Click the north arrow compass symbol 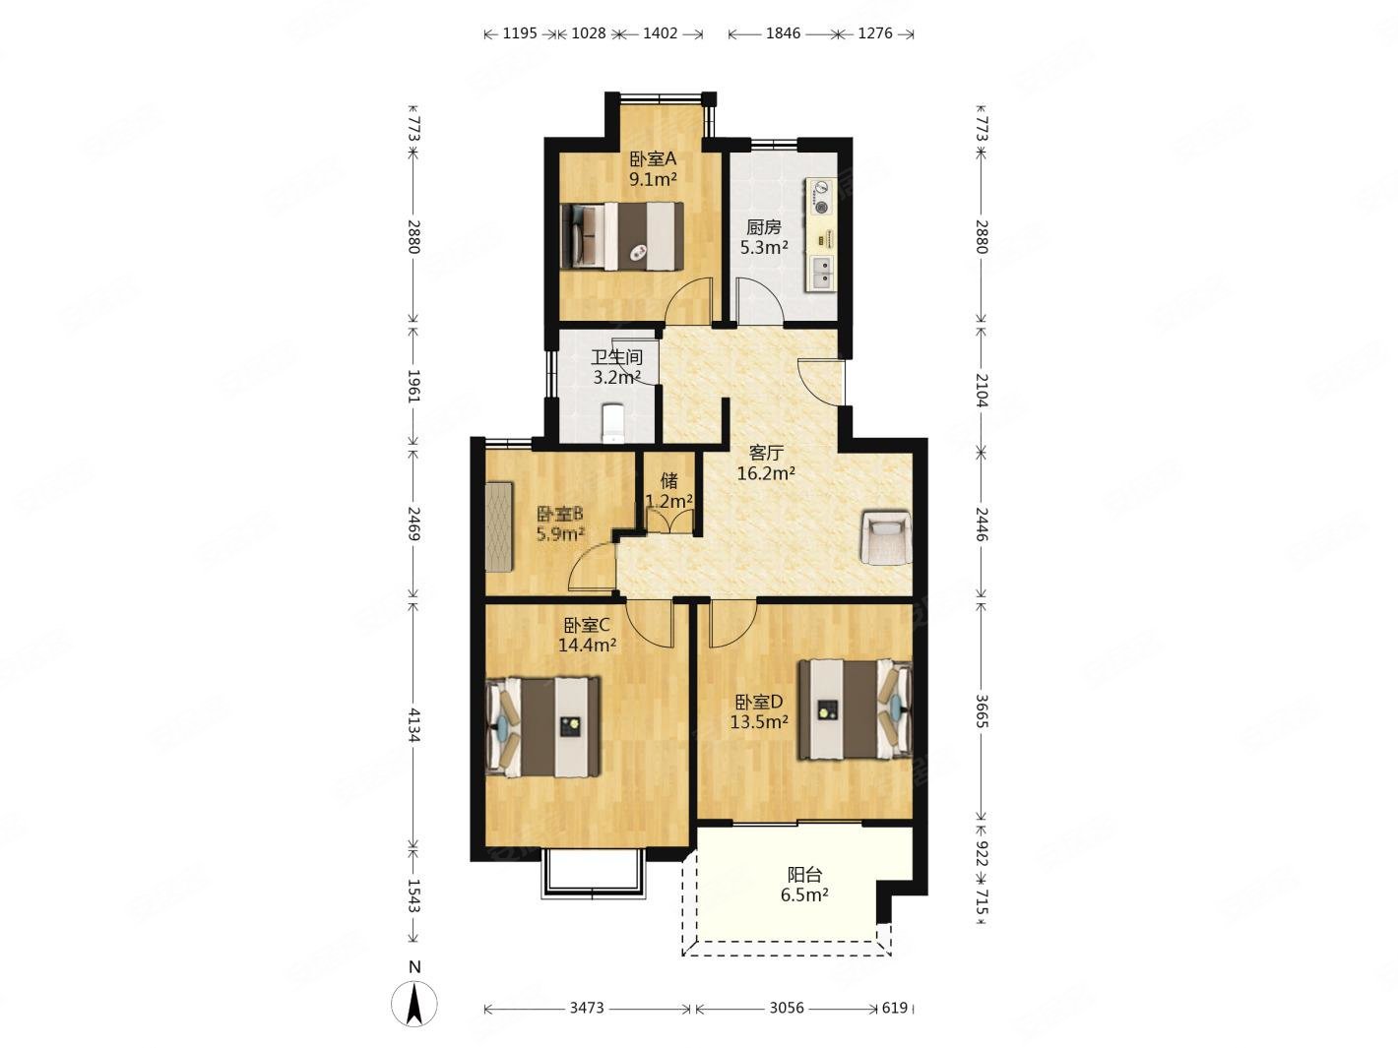[x=414, y=1004]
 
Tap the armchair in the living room [x=885, y=537]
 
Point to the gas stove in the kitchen [x=822, y=197]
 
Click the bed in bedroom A [x=622, y=235]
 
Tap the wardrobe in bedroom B [x=499, y=526]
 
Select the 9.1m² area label [x=653, y=179]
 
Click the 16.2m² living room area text [x=766, y=473]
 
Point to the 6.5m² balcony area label [x=804, y=895]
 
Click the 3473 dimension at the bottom [x=587, y=1008]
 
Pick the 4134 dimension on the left [x=414, y=725]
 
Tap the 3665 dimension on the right [x=982, y=711]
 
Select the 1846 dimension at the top [x=783, y=33]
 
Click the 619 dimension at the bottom [x=895, y=1008]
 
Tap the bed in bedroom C [x=543, y=726]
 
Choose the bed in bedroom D [x=855, y=709]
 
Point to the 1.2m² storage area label [x=669, y=502]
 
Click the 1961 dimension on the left [x=414, y=386]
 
